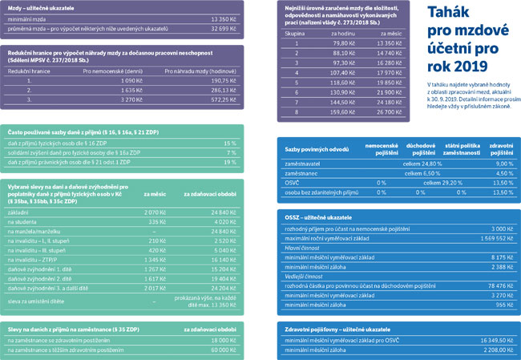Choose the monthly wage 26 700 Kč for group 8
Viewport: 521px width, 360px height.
389,113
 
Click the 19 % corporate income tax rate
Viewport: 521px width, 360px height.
231,163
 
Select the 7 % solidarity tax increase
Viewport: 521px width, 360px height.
232,152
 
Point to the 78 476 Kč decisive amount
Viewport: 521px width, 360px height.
493,285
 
